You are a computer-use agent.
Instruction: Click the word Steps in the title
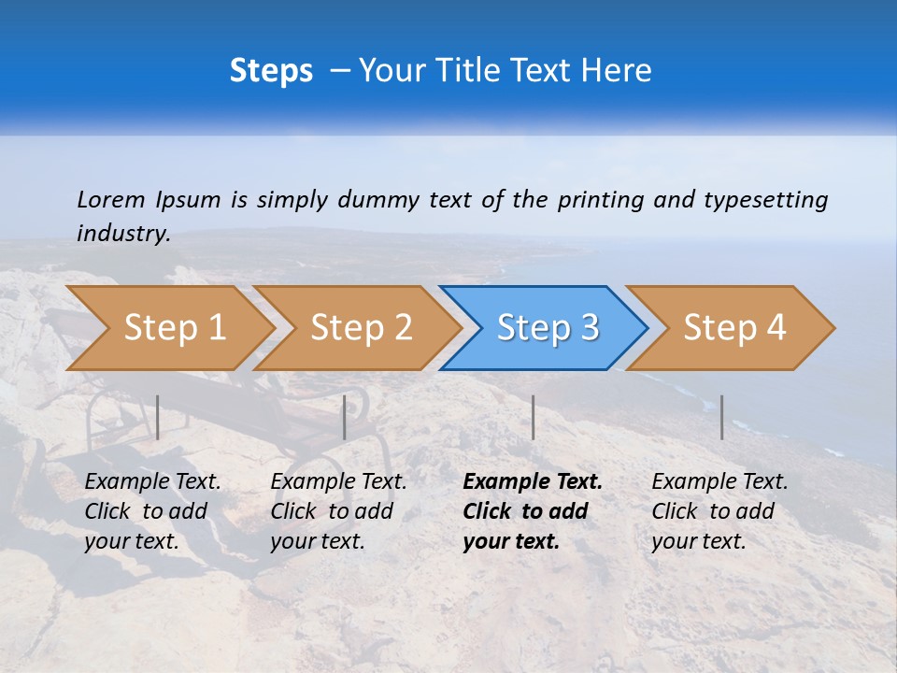(271, 71)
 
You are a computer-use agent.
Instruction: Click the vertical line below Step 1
(158, 417)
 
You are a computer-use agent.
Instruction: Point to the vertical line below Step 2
(345, 417)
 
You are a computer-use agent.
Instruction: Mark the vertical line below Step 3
(533, 417)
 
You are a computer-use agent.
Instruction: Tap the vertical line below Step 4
(721, 417)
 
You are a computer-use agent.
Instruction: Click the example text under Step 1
(152, 511)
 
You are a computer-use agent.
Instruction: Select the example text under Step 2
(338, 511)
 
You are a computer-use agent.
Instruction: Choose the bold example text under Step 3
(532, 511)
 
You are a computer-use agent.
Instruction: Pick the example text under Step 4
(719, 511)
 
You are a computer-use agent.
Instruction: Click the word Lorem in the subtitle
(111, 200)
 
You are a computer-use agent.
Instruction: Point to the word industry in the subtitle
(122, 234)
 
